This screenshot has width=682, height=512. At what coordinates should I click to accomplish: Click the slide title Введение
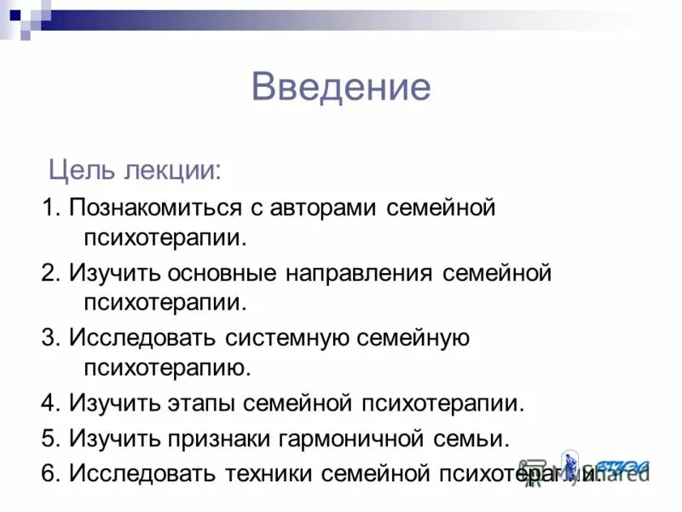[x=341, y=88]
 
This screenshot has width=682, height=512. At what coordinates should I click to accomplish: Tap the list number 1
[x=49, y=208]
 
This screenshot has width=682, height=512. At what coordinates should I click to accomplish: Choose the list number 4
[x=49, y=404]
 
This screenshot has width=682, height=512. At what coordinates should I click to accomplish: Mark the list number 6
[x=49, y=474]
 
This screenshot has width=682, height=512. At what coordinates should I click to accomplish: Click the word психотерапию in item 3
[x=167, y=368]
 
